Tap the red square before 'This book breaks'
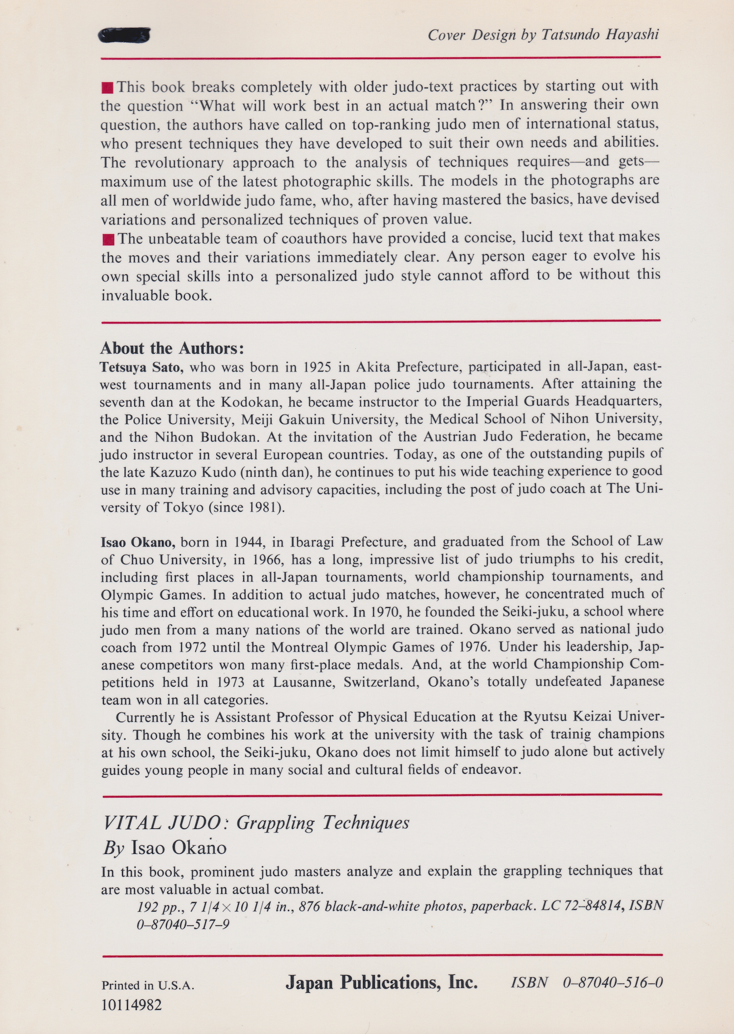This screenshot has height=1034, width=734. (x=107, y=88)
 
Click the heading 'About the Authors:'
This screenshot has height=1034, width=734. (x=172, y=348)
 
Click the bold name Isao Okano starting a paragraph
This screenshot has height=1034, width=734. (x=138, y=542)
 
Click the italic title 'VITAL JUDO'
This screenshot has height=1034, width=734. (x=161, y=823)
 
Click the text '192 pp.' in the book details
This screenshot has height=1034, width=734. (x=158, y=907)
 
